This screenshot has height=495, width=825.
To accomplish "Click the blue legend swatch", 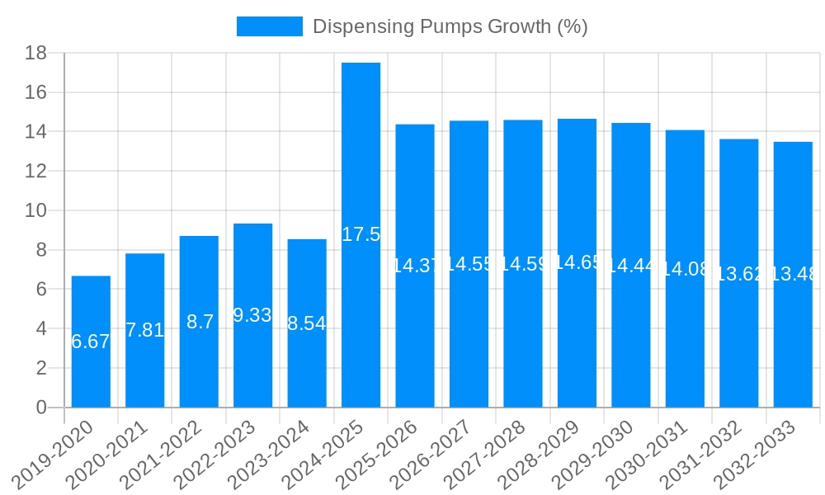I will click(270, 26).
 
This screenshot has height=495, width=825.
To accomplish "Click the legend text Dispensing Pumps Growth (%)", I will click(450, 26).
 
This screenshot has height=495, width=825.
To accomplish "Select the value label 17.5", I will click(361, 234).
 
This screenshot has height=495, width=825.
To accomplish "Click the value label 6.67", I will click(91, 342).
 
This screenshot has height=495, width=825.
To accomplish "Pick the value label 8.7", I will click(200, 322).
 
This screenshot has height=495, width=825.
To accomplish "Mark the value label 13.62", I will click(738, 274).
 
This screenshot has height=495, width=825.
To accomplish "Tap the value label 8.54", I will click(307, 323).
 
